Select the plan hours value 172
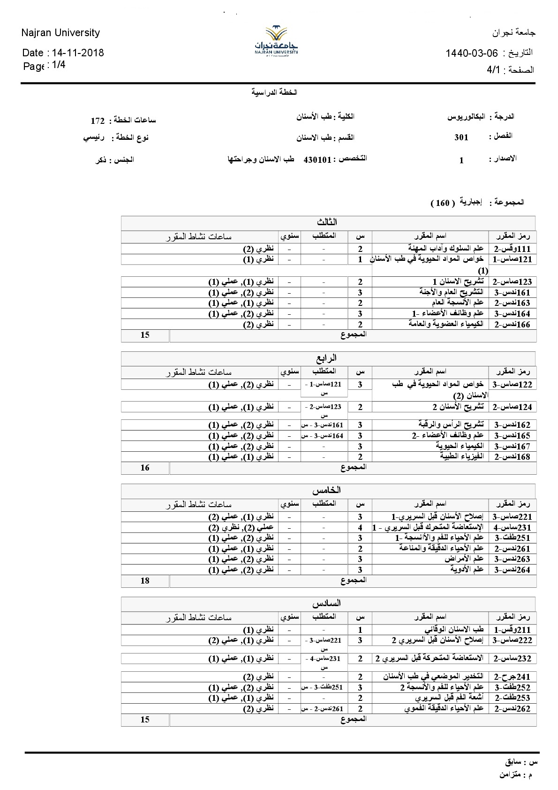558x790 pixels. [98, 121]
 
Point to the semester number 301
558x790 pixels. [461, 137]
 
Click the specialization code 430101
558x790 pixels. [317, 160]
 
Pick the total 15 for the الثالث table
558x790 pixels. [145, 335]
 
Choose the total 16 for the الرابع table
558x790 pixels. [145, 468]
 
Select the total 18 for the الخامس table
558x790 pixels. [145, 581]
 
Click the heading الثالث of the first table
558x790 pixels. [327, 222]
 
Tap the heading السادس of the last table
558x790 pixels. [327, 603]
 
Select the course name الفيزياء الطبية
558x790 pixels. [463, 456]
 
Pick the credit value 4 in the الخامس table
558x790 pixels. [360, 528]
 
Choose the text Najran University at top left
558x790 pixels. [60, 33]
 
